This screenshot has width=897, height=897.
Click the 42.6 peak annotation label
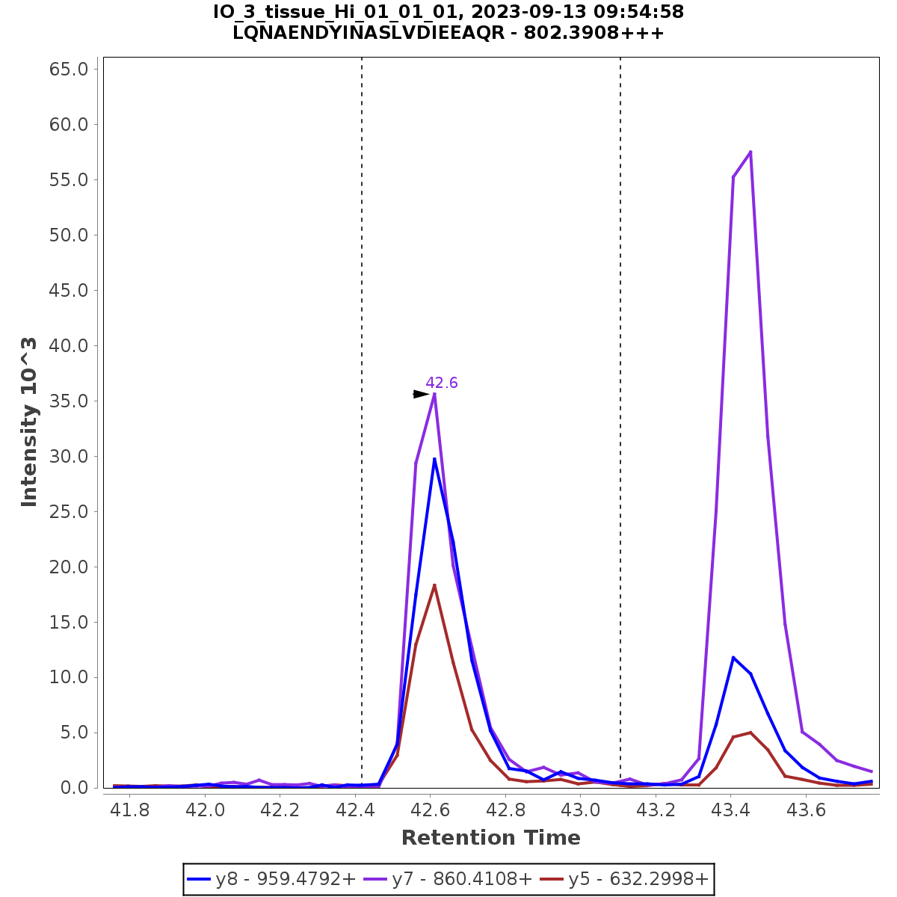[441, 383]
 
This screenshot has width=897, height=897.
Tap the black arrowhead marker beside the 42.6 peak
[421, 394]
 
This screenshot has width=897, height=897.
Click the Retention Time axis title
[490, 838]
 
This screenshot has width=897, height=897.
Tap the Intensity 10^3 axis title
[29, 422]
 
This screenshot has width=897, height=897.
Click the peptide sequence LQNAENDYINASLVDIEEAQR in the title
[369, 34]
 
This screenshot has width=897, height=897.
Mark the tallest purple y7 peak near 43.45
[750, 152]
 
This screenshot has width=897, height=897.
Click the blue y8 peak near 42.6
[434, 459]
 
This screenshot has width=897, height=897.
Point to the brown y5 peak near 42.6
[434, 585]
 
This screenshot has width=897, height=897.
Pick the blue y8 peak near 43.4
[733, 657]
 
